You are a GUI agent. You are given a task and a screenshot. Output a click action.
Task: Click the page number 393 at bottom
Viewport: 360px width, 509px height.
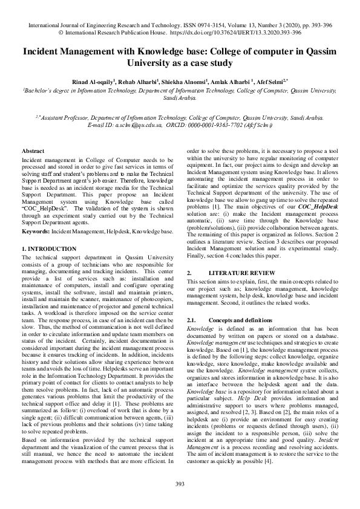(180, 483)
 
